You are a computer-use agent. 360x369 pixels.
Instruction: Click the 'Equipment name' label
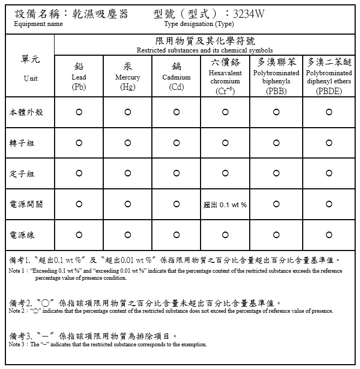38,24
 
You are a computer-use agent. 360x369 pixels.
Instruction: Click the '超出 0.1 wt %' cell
225,205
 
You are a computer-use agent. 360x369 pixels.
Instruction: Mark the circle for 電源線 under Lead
79,235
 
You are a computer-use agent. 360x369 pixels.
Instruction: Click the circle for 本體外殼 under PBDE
329,112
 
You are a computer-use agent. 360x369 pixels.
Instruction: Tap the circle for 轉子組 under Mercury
128,143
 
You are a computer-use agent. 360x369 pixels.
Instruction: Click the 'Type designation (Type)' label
198,24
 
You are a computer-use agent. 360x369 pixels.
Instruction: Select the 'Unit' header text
31,78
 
